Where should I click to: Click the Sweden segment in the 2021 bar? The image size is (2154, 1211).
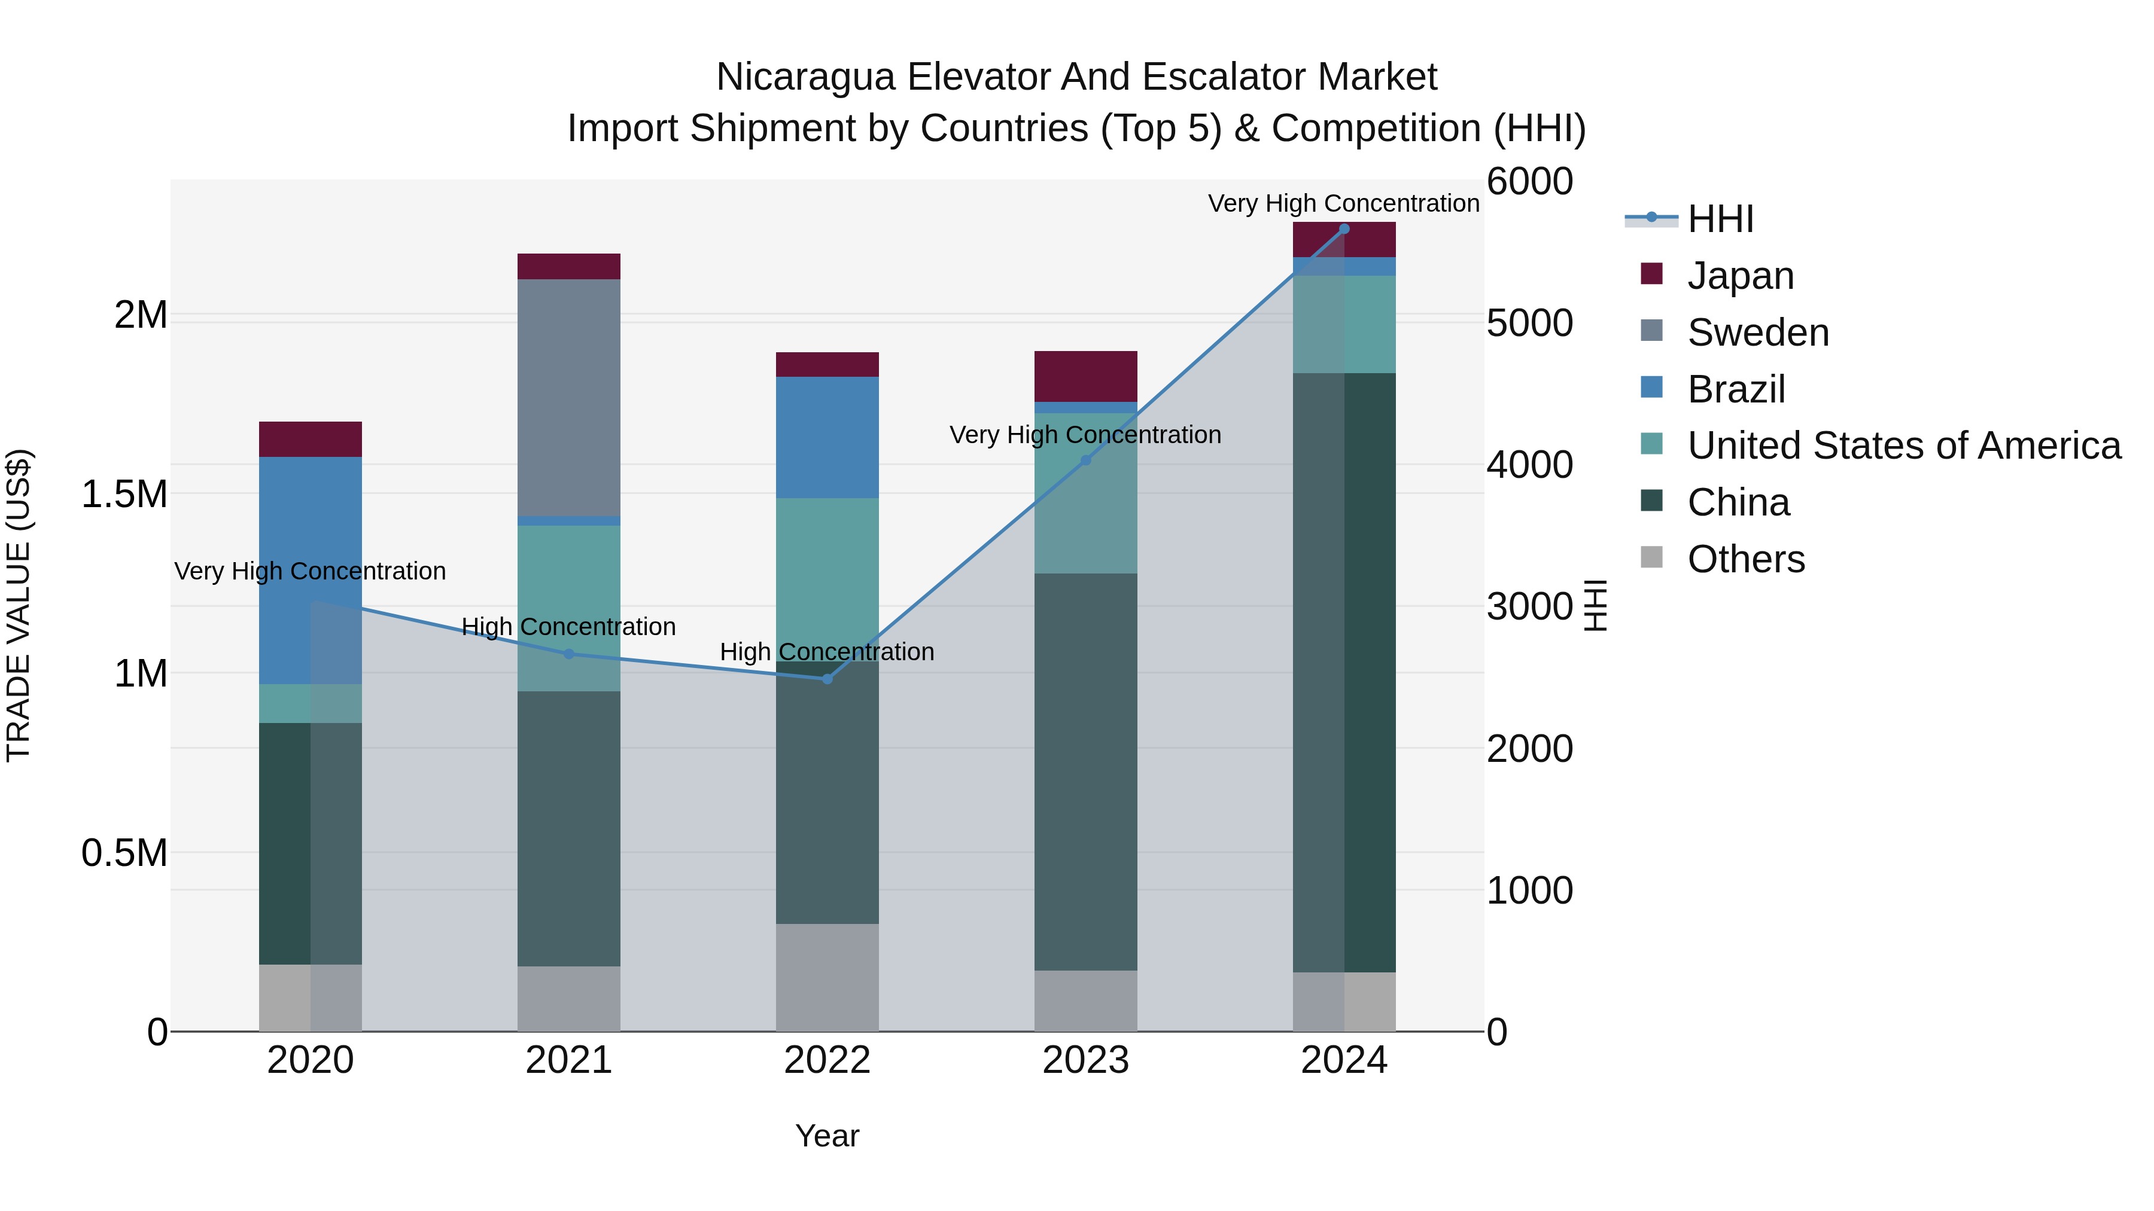pos(568,397)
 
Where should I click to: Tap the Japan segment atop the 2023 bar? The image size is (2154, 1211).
pos(1085,376)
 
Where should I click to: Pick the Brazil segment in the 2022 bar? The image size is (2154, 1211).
pos(827,437)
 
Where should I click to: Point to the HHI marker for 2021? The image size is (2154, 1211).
pos(568,654)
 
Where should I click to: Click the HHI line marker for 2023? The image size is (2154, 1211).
pos(1085,460)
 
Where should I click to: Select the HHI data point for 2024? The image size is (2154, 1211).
pos(1344,228)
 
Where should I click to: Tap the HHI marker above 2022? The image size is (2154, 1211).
pos(827,679)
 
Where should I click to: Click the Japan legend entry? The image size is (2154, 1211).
pos(1739,276)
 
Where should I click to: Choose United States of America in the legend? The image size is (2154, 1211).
pos(1903,446)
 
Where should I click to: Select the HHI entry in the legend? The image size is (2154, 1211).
pos(1719,219)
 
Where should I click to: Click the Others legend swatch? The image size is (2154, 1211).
pos(1651,557)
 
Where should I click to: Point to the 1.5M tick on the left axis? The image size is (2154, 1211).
pos(124,494)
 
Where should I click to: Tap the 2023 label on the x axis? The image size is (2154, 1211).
pos(1085,1060)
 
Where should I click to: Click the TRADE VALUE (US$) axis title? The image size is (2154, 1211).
pos(19,605)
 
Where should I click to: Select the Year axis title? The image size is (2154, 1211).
pos(827,1136)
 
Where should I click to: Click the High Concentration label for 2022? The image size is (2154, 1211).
pos(827,651)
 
